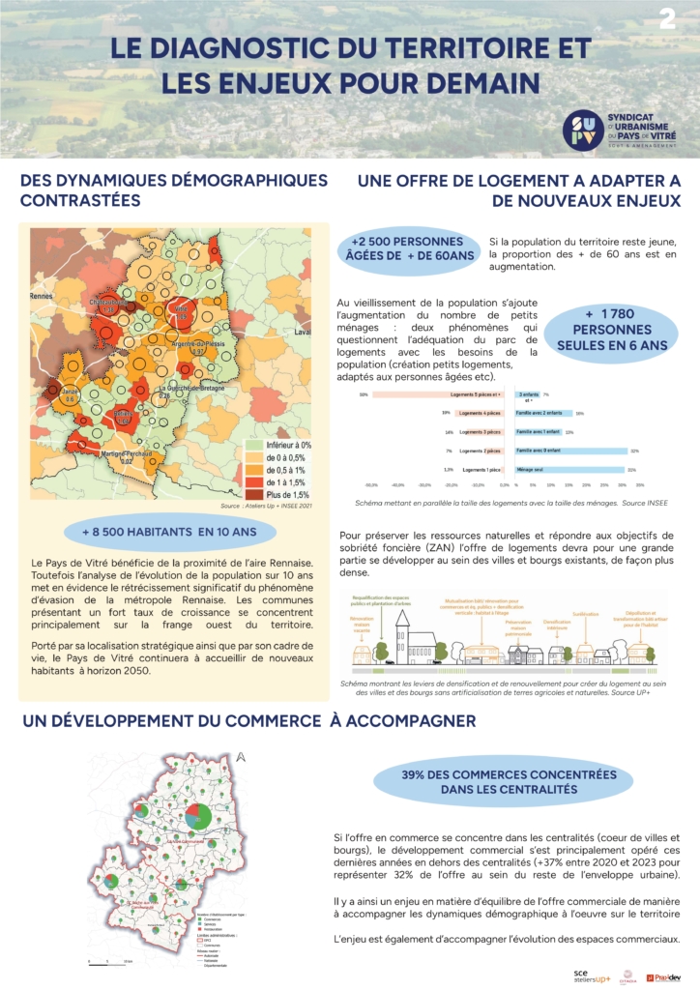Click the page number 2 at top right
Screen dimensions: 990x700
[x=668, y=18]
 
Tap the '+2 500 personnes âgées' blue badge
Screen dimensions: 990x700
[x=413, y=247]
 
